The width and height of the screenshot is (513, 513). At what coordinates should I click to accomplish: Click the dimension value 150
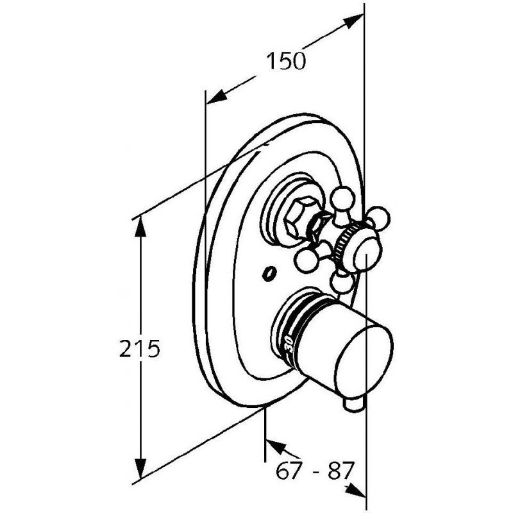285,61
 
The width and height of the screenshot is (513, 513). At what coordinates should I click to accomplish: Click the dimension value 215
139,348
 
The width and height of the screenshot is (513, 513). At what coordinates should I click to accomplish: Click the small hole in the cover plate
269,274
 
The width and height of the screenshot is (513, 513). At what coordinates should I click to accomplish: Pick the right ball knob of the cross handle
379,217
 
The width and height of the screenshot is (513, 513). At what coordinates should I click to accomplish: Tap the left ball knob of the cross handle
307,260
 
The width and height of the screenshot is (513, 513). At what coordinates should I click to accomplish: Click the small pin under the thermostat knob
355,404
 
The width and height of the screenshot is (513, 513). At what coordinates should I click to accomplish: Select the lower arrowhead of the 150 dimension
217,97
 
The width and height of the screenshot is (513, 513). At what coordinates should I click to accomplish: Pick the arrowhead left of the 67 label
275,446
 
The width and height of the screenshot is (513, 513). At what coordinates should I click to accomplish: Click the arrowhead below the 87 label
355,489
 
